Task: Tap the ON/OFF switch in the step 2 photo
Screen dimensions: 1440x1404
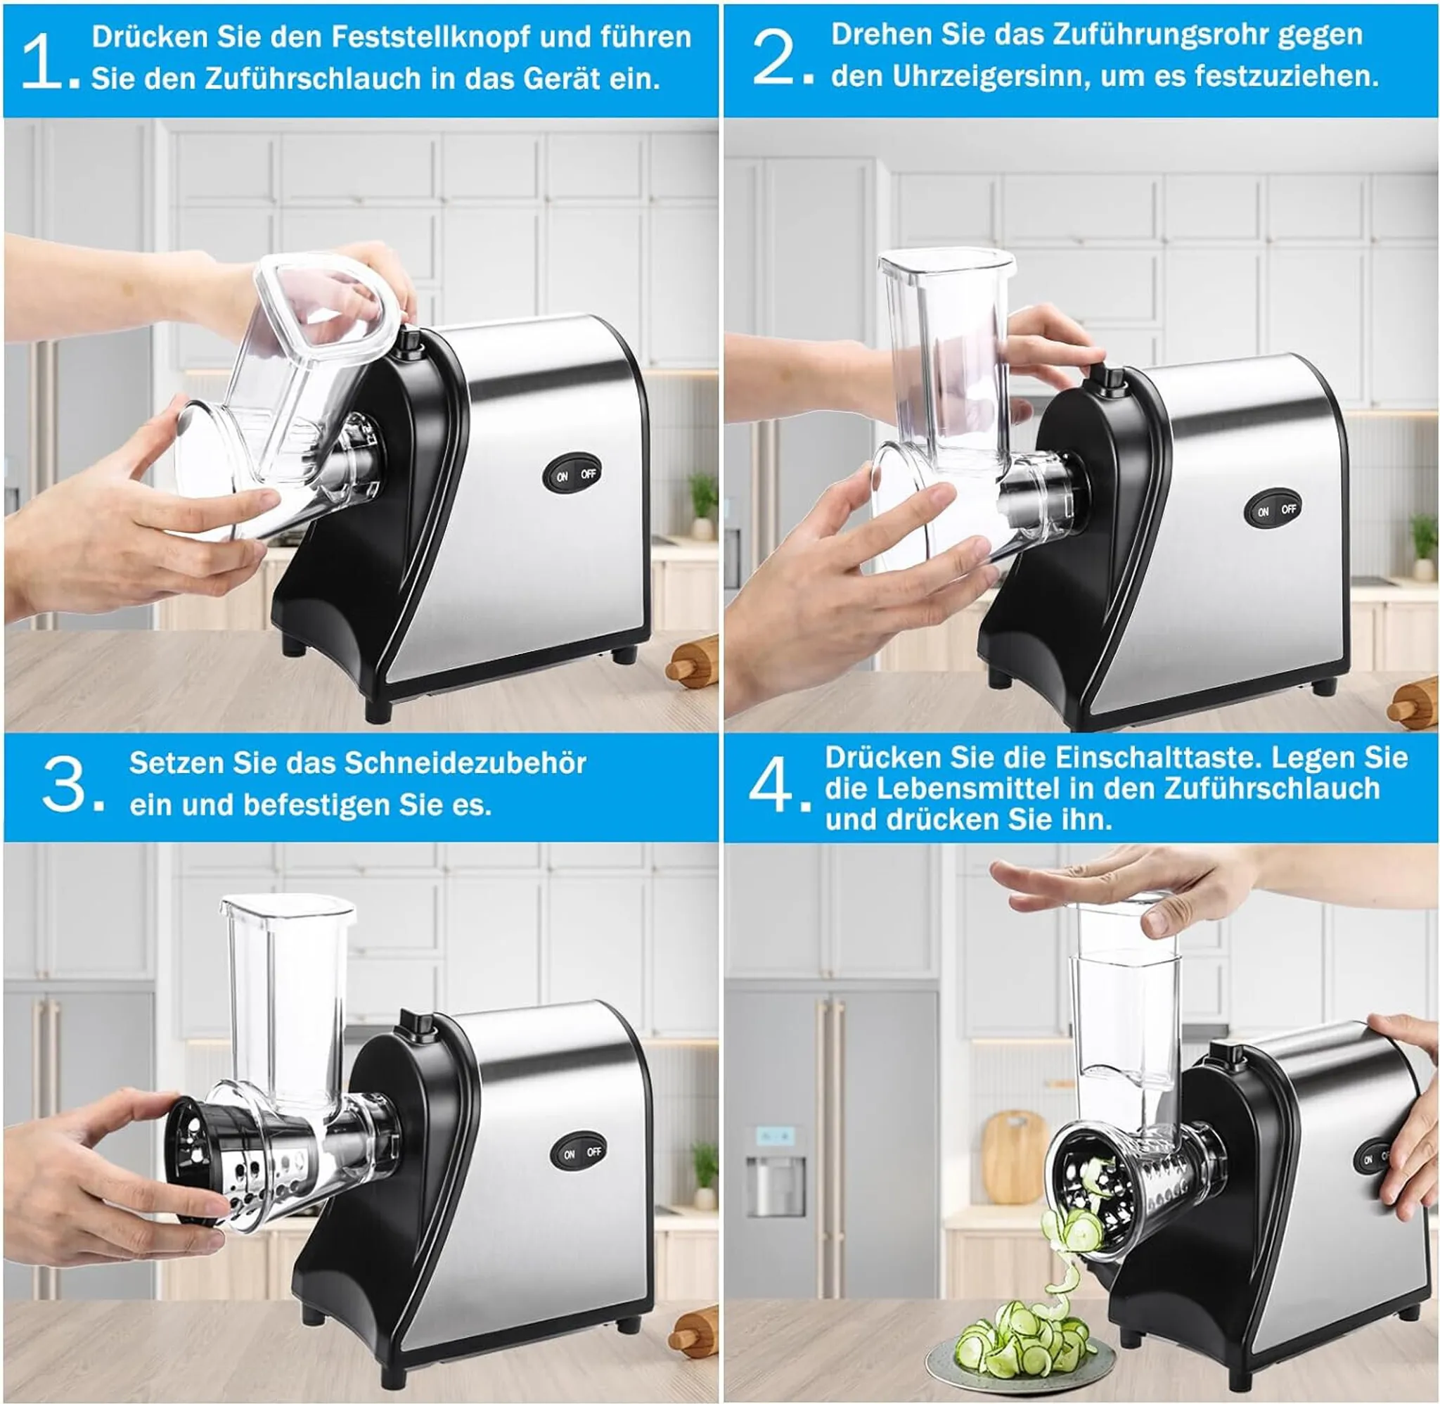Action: (1274, 509)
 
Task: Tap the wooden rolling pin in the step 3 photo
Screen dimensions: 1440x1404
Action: (693, 1331)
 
